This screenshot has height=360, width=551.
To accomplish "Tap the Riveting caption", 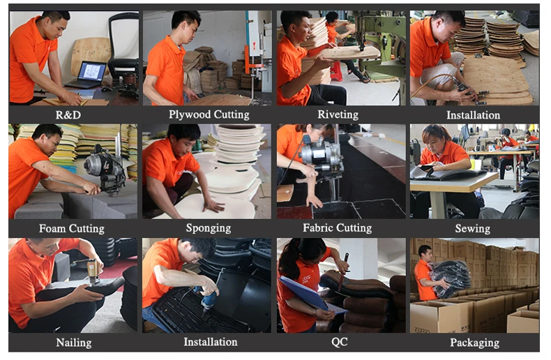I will tap(338, 114).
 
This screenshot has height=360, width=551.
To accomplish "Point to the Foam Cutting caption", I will tap(71, 228).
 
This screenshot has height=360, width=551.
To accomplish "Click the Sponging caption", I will tap(208, 228).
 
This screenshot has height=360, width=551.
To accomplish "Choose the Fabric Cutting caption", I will tap(338, 228).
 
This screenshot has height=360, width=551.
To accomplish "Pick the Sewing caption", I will tap(472, 228).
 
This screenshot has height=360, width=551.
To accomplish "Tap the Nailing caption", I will tap(73, 342).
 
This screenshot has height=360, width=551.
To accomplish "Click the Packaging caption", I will tap(474, 342).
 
